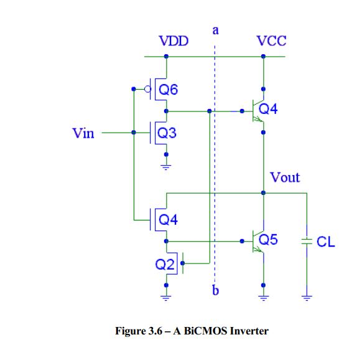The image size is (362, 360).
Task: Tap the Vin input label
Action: pos(83,133)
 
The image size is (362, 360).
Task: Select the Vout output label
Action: pos(285,178)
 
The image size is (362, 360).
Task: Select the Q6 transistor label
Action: pos(168,90)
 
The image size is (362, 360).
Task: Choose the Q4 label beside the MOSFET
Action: pos(168,219)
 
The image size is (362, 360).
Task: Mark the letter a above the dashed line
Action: pos(215,29)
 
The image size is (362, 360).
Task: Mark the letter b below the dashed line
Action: pos(215,290)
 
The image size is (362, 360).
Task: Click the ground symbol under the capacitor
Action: pos(306,296)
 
